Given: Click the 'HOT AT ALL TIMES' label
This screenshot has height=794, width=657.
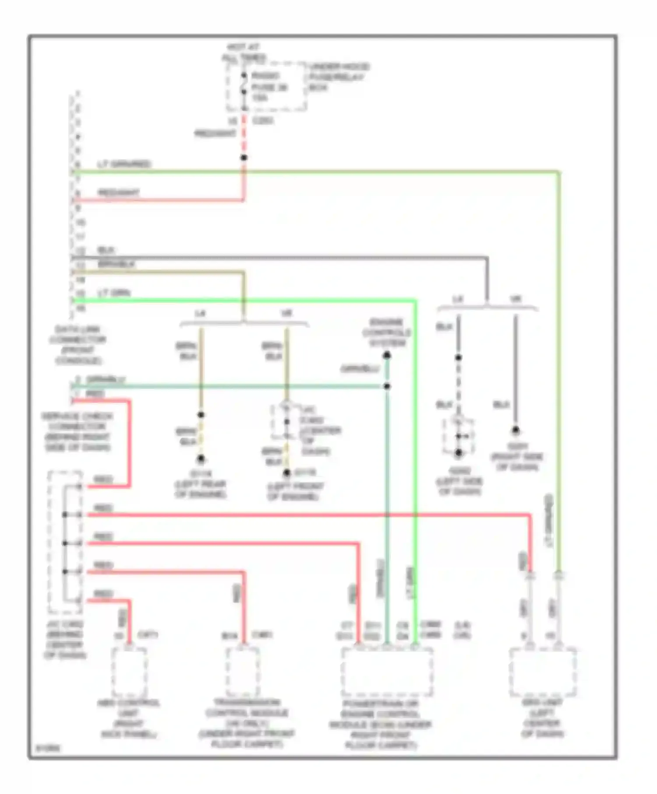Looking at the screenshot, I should (x=244, y=52).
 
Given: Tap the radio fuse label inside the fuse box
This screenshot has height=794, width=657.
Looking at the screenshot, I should (x=269, y=87).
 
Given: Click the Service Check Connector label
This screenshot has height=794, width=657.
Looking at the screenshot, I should (x=77, y=432).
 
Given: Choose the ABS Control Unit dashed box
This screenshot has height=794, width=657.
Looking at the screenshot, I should (x=129, y=672).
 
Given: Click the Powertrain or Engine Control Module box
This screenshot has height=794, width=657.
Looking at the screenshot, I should (x=387, y=672).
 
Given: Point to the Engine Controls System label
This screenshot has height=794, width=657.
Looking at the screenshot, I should (x=387, y=333).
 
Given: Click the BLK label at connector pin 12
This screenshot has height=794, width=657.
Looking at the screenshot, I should (x=106, y=250).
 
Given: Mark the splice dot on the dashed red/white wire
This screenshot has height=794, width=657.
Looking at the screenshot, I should (x=244, y=158).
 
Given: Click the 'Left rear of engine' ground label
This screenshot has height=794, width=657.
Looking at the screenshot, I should (x=201, y=484).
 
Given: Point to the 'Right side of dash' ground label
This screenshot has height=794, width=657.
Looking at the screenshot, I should (x=517, y=457).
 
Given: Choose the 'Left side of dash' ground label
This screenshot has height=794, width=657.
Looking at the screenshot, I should (x=459, y=481).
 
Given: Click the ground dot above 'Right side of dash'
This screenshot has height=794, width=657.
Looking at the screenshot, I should (x=516, y=430).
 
